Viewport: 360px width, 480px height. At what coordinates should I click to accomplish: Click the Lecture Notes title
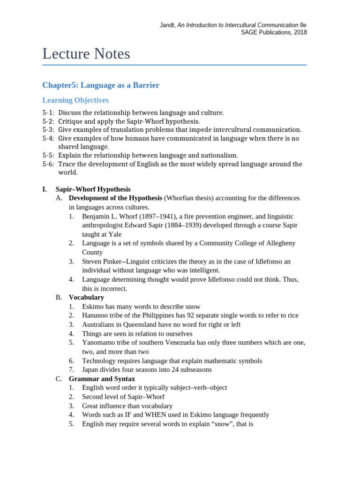(x=86, y=54)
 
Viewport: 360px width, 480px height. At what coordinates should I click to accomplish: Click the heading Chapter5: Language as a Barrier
(x=101, y=85)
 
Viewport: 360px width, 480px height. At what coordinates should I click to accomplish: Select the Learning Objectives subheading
(x=75, y=100)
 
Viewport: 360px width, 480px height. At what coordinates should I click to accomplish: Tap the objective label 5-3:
(x=48, y=130)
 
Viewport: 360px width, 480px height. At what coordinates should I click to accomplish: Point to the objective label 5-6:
(x=48, y=164)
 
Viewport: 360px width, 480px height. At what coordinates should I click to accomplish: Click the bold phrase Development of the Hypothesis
(x=115, y=198)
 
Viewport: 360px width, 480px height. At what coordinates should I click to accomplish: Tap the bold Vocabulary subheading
(x=86, y=297)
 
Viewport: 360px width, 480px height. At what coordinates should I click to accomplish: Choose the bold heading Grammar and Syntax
(x=102, y=378)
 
